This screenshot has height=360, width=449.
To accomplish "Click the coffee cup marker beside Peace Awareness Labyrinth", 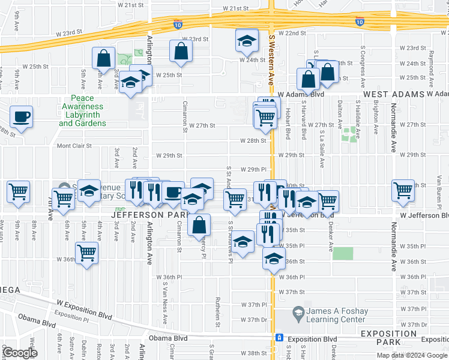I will (22, 118).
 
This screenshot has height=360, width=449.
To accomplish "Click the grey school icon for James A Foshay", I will (298, 312).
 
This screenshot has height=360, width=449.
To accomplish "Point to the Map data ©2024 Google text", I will (412, 355).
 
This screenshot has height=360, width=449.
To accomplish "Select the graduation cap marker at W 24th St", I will (246, 41).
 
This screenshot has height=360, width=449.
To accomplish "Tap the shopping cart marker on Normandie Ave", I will (403, 191).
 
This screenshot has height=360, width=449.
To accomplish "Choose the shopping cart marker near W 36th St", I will (86, 253).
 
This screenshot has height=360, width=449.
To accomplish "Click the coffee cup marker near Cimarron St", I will (173, 193).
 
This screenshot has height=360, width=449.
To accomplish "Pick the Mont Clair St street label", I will (74, 146).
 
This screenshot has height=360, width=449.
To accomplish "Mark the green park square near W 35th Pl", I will (343, 253).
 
